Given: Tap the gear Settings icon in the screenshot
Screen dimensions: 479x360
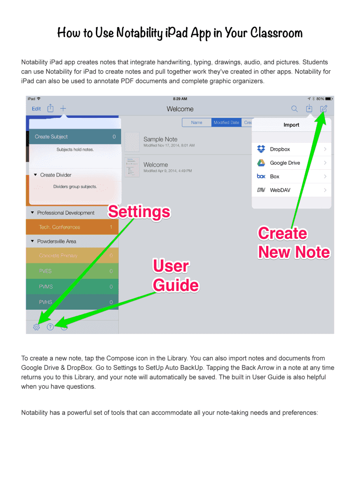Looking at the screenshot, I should [36, 327].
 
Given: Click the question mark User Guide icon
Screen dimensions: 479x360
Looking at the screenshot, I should [50, 327].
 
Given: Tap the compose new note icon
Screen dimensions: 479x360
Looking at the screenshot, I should [324, 109].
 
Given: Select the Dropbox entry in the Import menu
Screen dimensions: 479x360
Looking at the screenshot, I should [280, 149].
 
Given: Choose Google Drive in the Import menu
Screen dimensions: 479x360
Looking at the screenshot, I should [285, 163].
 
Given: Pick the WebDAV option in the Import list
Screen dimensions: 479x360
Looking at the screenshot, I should [280, 190].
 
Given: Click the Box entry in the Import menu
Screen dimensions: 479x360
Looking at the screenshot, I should [274, 176].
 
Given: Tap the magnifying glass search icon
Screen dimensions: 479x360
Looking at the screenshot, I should [295, 109].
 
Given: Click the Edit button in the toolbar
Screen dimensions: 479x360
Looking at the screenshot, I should [36, 109].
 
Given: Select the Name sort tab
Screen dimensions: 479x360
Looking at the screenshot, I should [197, 123].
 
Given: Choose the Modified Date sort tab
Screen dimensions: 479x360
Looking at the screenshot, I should [226, 123].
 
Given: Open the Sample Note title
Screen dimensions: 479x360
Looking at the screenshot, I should [160, 139].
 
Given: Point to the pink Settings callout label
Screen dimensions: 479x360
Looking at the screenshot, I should [139, 212].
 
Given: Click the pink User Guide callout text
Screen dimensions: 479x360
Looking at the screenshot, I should [176, 276].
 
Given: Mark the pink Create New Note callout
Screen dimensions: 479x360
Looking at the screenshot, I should [293, 243].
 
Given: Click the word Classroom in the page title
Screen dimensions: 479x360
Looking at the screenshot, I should [276, 33].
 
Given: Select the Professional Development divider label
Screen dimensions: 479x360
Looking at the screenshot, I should [65, 213].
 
